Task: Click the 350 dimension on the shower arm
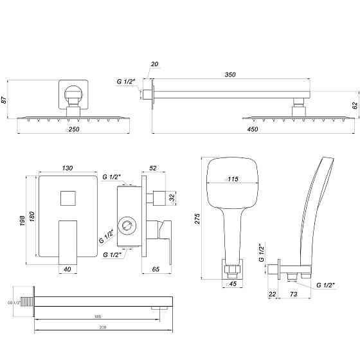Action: (230, 75)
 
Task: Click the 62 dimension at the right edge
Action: (354, 105)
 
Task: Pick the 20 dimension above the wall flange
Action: (154, 64)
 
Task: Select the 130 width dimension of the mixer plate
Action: (67, 168)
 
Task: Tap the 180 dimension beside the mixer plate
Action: (33, 219)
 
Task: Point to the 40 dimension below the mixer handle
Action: (67, 269)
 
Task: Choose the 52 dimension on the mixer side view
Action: (152, 168)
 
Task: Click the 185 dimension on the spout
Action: (97, 317)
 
